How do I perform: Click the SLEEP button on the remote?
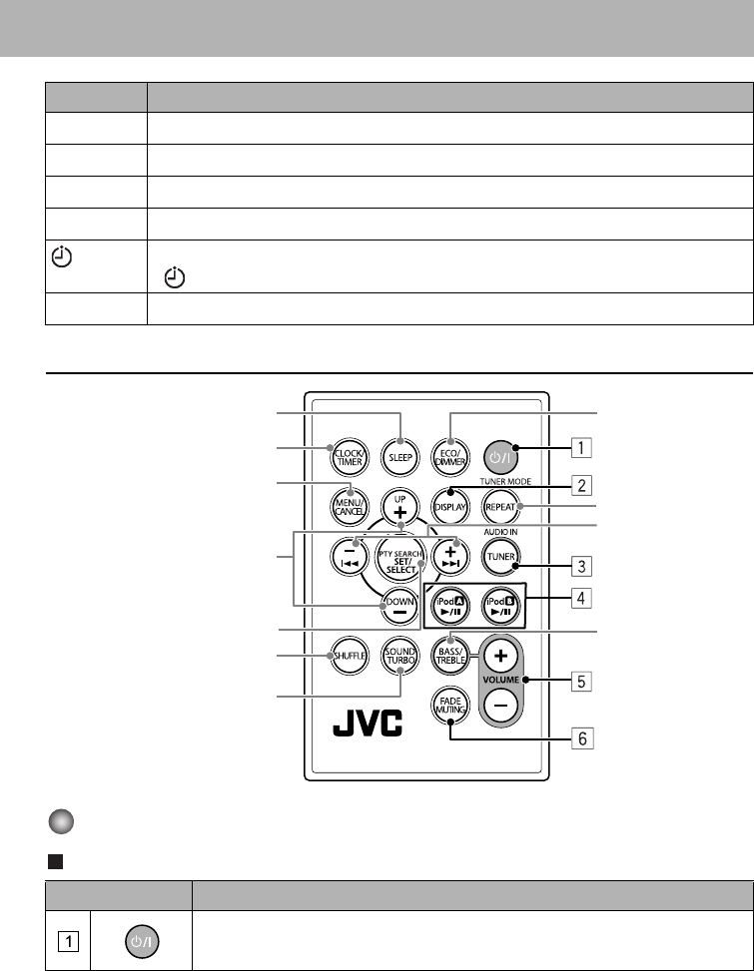coord(400,455)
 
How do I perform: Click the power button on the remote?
coord(499,455)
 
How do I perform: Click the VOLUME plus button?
coord(500,656)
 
